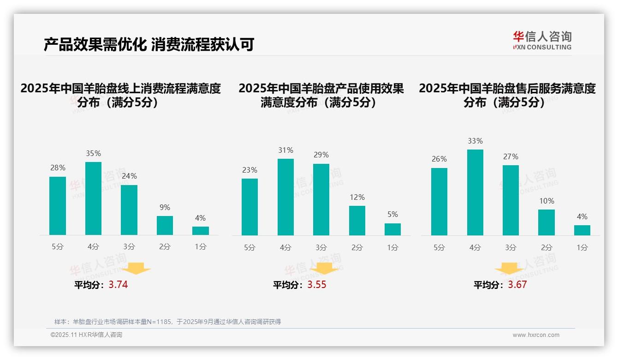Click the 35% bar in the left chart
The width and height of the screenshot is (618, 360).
point(93,198)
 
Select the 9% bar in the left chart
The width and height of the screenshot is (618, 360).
point(165,225)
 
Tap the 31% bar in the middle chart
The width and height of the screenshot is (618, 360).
point(285,197)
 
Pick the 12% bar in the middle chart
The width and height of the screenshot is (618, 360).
point(357,221)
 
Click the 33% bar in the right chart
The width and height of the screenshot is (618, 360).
point(475,192)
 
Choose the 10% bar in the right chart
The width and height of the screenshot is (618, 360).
point(547,222)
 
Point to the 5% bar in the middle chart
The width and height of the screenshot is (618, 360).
point(392,229)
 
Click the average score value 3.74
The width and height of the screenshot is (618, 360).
point(118,285)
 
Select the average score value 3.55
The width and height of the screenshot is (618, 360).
point(316,285)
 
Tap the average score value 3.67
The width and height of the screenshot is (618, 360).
point(517,285)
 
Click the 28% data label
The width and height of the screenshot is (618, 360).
point(58,168)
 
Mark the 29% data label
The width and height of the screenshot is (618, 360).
point(321,155)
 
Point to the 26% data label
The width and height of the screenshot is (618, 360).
point(439,159)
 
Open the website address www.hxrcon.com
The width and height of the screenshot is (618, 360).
point(536,335)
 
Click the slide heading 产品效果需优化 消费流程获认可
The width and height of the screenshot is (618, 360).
point(149,45)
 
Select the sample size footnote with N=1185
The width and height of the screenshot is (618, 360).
point(167,322)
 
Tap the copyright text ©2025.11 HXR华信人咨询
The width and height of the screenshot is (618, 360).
point(86,335)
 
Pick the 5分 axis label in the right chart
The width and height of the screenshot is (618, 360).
point(439,247)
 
